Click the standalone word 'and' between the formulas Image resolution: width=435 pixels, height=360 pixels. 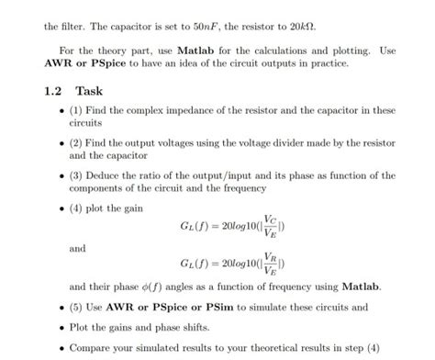pyautogui.click(x=77, y=247)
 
